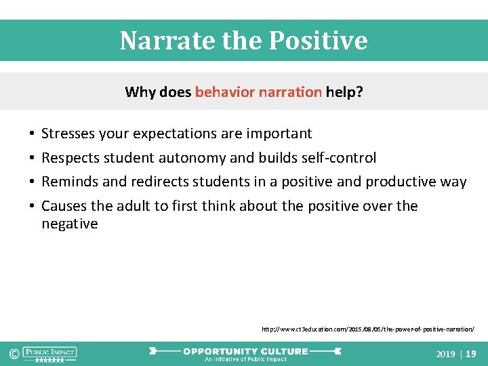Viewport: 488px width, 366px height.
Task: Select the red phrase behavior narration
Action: tap(258, 92)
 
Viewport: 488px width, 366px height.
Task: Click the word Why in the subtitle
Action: tap(140, 92)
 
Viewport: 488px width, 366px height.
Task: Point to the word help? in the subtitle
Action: tap(344, 92)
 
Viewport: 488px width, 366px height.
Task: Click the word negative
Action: tap(70, 224)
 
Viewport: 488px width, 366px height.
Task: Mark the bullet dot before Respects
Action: tap(32, 159)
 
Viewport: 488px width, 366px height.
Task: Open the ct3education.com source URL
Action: tap(368, 329)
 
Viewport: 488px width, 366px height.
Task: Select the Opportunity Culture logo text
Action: tap(245, 351)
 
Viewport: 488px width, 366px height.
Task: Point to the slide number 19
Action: tap(471, 354)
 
